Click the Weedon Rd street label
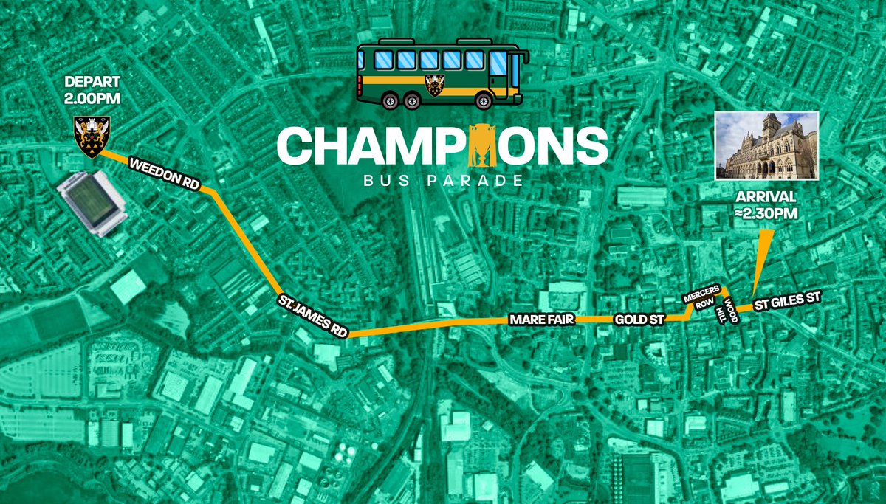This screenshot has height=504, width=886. point(164,176)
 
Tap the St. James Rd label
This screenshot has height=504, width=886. point(312,315)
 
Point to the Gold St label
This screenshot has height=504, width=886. point(639,320)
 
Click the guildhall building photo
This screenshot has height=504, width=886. point(766,145)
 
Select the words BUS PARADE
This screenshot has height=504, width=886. point(442,180)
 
